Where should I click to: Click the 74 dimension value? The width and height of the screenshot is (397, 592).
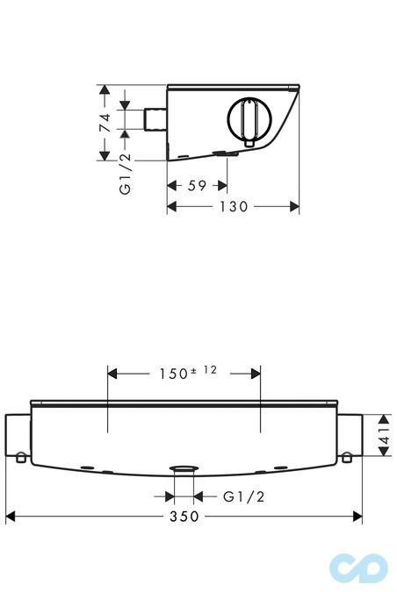[105, 122]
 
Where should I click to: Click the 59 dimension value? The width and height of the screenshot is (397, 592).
[197, 186]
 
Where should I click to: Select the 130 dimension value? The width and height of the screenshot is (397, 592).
[234, 206]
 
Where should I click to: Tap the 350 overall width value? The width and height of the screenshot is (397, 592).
[184, 517]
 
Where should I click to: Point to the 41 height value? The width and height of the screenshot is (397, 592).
[384, 435]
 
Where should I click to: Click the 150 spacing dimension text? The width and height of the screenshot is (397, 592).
[174, 374]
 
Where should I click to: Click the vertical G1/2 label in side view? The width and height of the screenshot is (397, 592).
[125, 174]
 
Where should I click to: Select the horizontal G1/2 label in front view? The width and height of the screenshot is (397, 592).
[244, 496]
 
